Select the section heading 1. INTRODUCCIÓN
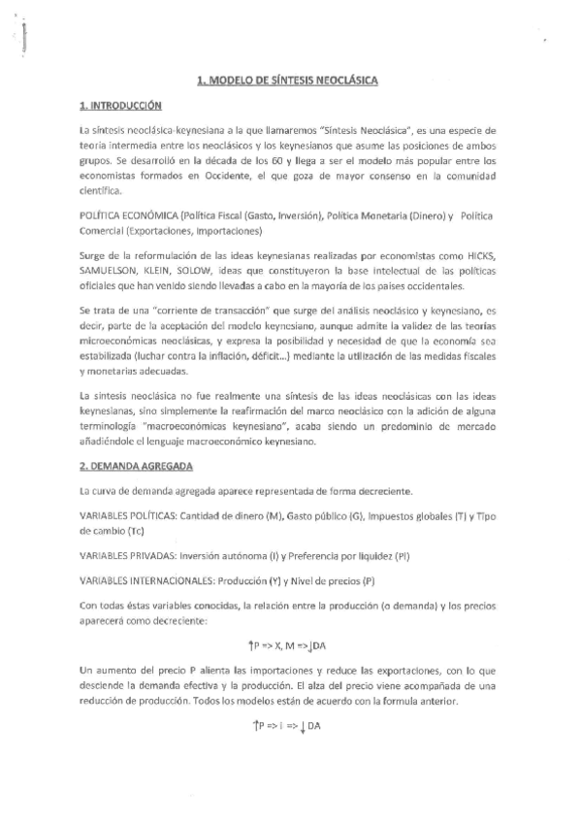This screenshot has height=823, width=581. (x=120, y=104)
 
